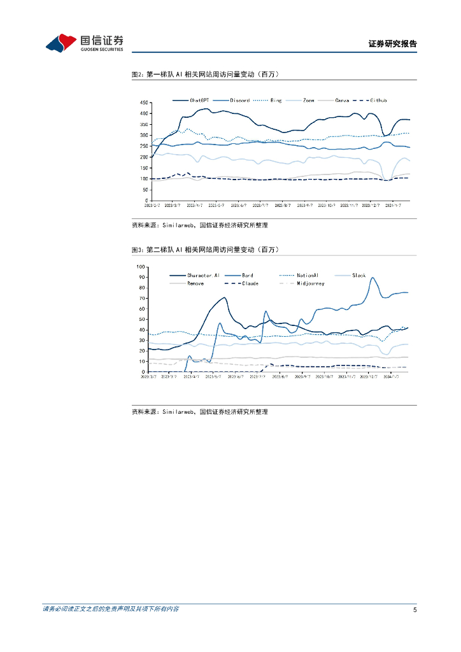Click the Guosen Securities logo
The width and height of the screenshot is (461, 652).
85,43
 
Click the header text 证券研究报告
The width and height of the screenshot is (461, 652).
392,45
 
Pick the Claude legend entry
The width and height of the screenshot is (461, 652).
249,283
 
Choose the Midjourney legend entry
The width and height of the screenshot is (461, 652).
310,283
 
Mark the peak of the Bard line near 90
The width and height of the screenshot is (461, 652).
372,278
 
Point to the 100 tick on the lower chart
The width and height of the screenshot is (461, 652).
142,267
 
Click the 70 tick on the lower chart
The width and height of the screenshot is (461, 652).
143,299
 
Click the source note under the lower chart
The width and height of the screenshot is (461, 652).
199,412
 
